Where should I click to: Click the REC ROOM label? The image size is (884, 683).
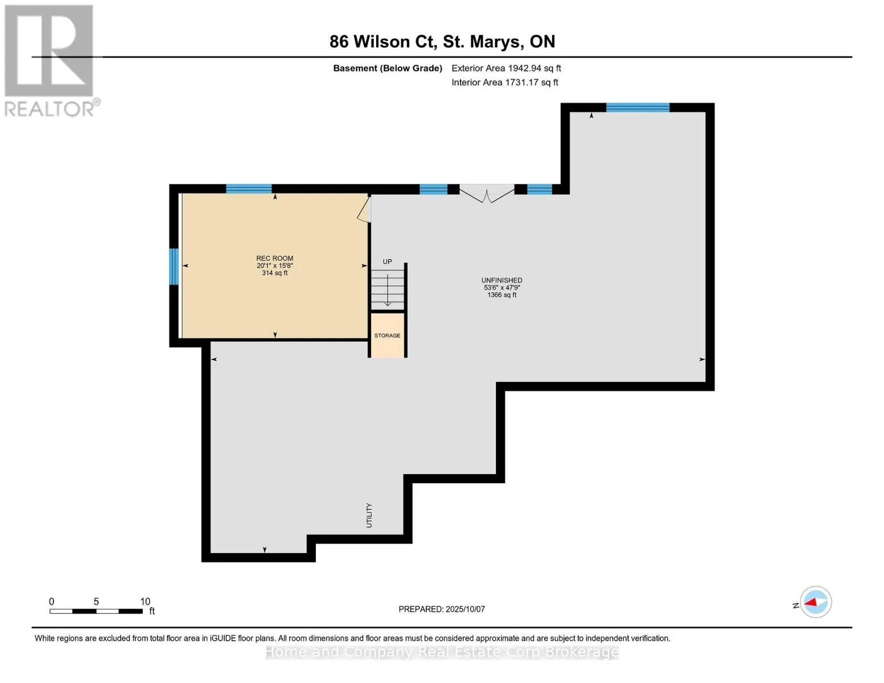274,258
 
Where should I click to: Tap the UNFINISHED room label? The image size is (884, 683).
501,280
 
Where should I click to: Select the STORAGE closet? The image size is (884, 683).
387,336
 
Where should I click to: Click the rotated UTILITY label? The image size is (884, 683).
369,516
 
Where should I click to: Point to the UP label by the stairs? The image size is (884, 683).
387,262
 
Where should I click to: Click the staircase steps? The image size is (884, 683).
388,290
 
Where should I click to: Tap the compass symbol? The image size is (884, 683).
816,602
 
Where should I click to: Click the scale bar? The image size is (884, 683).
96,611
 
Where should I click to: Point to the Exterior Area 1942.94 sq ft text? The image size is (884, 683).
506,68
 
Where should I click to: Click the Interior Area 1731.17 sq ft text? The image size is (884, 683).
505,83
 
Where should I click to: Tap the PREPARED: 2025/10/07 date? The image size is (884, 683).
442,609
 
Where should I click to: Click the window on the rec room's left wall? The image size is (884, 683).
174,266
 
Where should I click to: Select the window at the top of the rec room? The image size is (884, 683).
249,189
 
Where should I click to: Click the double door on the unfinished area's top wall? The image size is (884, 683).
487,193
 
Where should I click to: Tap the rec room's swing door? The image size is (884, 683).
364,209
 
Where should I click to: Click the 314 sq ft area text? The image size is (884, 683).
274,273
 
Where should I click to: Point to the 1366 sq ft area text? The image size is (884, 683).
501,295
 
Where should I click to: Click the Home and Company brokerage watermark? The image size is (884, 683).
442,652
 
